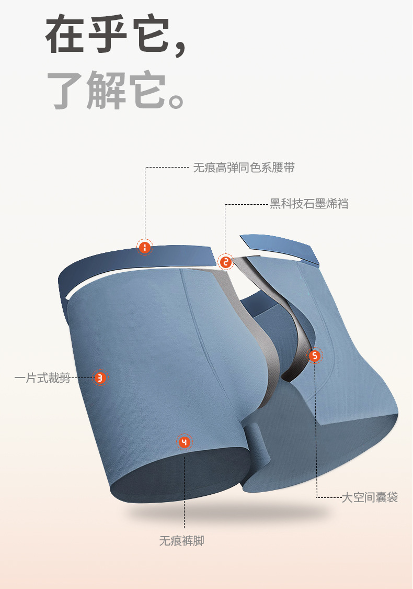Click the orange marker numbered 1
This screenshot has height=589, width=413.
click(145, 247)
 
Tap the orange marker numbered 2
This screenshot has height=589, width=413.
click(225, 262)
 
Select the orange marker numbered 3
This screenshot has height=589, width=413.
click(100, 377)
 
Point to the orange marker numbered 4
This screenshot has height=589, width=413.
click(184, 442)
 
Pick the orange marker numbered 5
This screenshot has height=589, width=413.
click(314, 356)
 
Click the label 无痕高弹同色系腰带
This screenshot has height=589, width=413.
click(244, 168)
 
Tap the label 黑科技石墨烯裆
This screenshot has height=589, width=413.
click(309, 204)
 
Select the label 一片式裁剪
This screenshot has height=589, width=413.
click(42, 377)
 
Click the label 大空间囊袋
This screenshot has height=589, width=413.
click(370, 497)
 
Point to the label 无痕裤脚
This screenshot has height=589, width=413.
click(181, 541)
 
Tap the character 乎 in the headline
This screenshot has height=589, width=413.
click(109, 36)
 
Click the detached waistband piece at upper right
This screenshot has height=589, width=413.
click(282, 248)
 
